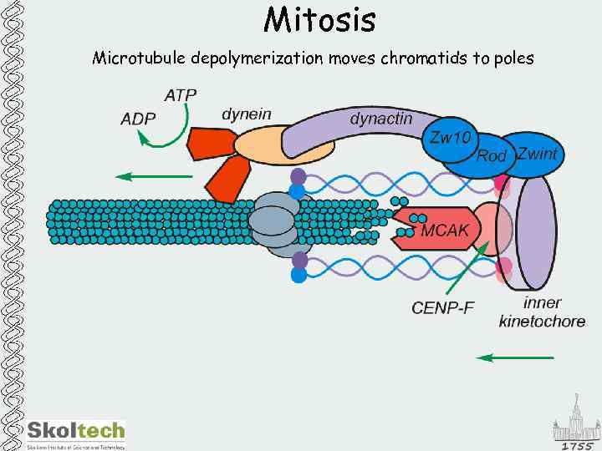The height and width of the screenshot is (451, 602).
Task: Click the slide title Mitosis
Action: click(319, 19)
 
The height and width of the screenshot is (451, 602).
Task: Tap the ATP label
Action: click(181, 94)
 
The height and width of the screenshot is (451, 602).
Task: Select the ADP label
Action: click(138, 119)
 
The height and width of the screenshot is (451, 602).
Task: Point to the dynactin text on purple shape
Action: click(380, 119)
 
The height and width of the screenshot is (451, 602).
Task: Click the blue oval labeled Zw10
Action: click(449, 138)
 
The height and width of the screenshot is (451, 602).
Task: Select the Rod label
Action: click(492, 156)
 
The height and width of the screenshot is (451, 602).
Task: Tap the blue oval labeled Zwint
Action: click(536, 154)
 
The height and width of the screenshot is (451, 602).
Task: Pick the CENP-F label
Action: click(442, 307)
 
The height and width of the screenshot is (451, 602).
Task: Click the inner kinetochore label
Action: click(542, 312)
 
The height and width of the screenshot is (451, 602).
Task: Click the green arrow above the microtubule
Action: click(154, 176)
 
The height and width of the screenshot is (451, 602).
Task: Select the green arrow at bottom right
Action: click(515, 357)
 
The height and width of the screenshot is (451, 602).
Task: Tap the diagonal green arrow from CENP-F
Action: click(469, 267)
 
